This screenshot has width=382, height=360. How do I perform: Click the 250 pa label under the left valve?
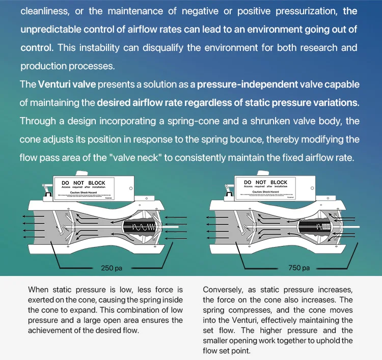point(111,268)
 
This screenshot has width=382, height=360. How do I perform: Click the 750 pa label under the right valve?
point(299,268)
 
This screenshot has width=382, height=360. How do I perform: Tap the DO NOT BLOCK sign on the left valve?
point(83,182)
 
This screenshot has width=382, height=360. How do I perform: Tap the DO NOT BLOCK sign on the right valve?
point(265,182)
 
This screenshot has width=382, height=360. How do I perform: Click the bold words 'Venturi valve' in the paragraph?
point(67,84)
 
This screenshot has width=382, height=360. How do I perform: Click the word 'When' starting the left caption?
point(39,290)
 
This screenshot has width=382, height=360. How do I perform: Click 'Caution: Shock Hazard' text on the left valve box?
point(83,192)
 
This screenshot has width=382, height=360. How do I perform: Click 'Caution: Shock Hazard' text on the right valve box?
point(265,192)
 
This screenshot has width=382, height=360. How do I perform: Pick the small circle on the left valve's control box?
point(131,188)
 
